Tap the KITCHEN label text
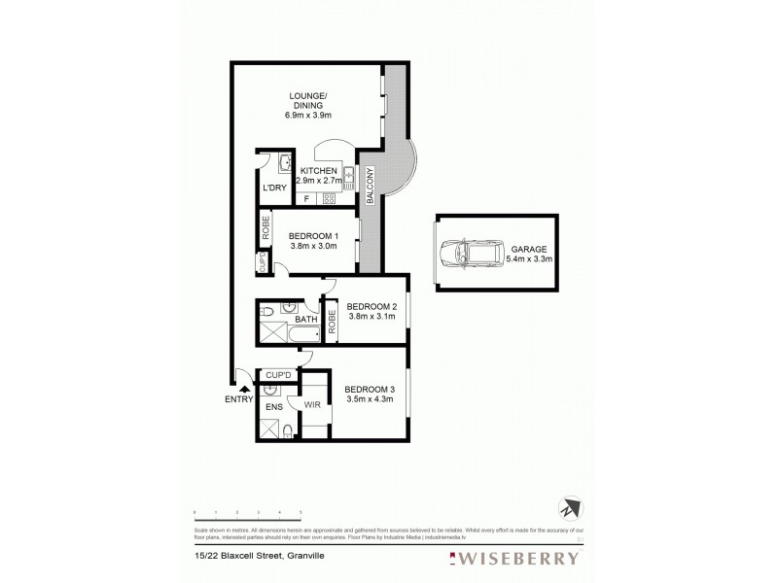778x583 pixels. (x=319, y=171)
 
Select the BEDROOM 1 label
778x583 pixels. (x=313, y=236)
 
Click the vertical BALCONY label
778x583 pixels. (x=371, y=187)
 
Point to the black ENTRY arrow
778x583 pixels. (x=245, y=387)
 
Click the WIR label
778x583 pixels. (x=313, y=403)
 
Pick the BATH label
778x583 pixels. (x=306, y=319)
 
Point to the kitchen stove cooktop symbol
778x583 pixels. (x=330, y=198)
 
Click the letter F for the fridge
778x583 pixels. (x=306, y=199)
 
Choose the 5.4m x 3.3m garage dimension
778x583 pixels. (x=529, y=259)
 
